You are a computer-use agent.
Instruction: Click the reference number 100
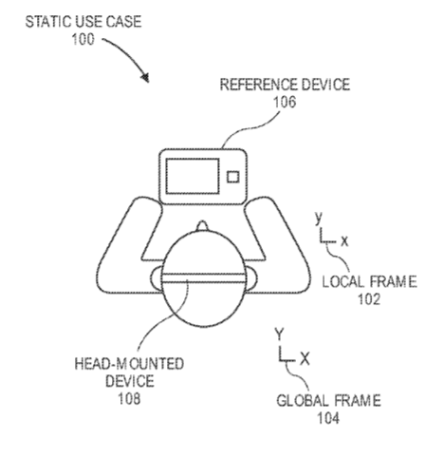tap(83, 40)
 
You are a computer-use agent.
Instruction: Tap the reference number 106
tap(285, 102)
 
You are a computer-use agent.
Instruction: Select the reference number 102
tap(369, 298)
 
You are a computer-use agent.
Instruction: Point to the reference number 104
tap(328, 418)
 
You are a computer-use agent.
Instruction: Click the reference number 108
tap(129, 398)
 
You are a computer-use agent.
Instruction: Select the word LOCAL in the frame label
tap(342, 281)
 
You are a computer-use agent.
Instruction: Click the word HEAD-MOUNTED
tap(129, 364)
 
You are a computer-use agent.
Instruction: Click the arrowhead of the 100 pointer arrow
tap(145, 78)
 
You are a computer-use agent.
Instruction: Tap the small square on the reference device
tap(233, 177)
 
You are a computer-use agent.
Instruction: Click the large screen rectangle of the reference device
tap(193, 176)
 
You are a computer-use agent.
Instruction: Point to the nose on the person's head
tap(202, 225)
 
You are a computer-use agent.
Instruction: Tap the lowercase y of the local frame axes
tap(319, 219)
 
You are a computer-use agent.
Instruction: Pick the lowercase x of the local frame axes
tap(344, 241)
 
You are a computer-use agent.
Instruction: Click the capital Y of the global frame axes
tap(279, 334)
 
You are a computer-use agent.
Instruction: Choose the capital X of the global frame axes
tap(305, 359)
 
